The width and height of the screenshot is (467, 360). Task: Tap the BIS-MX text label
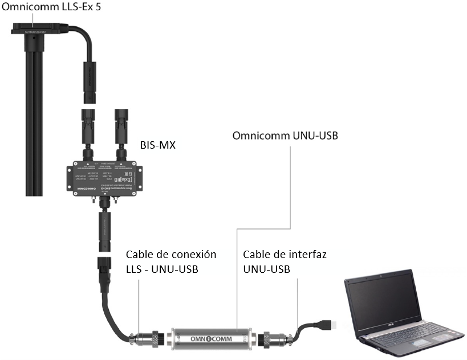157,145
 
